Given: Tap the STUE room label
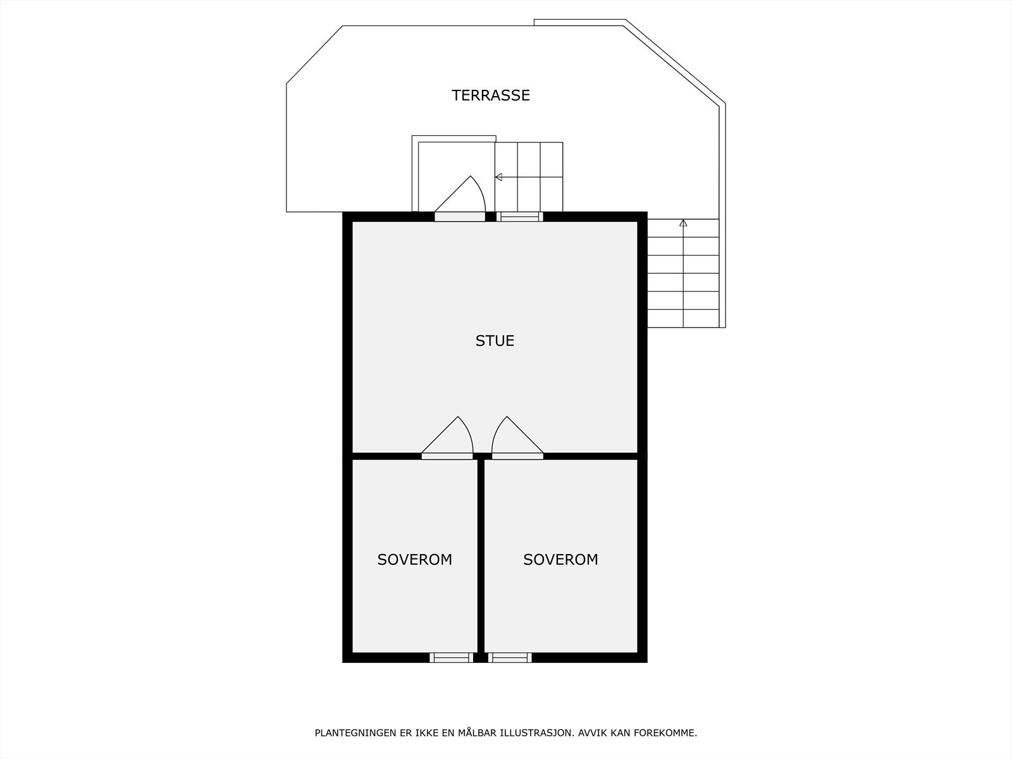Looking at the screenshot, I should click(x=495, y=341).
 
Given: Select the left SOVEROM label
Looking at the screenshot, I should click(x=414, y=559).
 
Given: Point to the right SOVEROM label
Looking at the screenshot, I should click(x=560, y=559).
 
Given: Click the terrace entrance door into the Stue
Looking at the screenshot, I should click(x=460, y=216).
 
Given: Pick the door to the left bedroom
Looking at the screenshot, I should click(x=447, y=455).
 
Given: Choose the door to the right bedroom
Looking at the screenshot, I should click(x=517, y=455).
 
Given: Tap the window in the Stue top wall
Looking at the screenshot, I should click(x=519, y=216).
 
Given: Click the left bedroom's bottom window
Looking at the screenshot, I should click(x=451, y=658).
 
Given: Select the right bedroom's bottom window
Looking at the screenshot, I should click(x=510, y=658).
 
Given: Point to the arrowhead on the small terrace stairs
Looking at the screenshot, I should click(x=498, y=177).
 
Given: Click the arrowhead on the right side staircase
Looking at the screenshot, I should click(x=683, y=223).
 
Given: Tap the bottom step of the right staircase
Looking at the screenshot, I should click(x=683, y=319).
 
